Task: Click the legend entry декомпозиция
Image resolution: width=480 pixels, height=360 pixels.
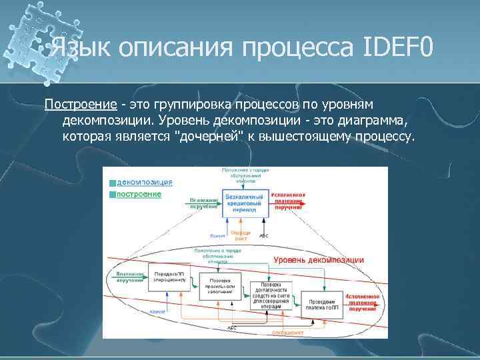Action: [x=145, y=181]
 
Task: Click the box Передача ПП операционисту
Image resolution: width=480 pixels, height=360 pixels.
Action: [x=169, y=277]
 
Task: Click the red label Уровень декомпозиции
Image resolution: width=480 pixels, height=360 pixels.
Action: [x=319, y=259]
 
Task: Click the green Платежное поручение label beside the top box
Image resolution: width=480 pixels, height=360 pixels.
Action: [x=203, y=203]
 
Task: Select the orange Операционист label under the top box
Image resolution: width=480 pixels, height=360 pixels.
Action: [x=239, y=235]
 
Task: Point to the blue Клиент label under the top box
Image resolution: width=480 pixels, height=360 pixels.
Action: [x=217, y=236]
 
